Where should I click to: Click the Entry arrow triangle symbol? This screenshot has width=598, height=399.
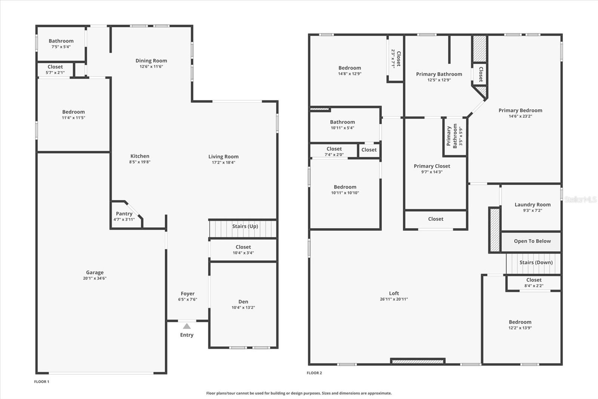187,326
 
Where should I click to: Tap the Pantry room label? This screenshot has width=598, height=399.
124,214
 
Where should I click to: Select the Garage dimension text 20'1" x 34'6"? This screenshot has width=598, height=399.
95,278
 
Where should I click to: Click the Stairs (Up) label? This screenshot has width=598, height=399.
245,226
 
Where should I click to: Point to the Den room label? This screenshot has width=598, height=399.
243,302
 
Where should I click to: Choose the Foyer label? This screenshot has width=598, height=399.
188,294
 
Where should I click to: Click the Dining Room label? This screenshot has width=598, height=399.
151,61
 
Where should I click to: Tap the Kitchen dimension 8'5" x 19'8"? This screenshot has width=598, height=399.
140,162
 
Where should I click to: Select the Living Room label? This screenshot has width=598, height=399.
224,156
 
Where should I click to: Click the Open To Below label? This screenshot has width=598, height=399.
532,241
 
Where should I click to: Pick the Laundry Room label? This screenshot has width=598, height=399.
533,205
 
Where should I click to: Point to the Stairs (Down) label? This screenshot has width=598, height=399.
536,262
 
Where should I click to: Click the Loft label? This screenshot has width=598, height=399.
394,293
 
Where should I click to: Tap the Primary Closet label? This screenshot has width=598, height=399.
432,166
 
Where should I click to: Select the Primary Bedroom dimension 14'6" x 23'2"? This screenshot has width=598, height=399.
520,116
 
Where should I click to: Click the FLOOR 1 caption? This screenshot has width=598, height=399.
41,382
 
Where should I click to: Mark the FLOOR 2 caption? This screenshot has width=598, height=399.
314,373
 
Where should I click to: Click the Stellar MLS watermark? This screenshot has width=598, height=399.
580,199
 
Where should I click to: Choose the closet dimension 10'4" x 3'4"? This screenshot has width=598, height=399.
243,253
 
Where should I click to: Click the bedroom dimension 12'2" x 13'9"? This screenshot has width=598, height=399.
520,328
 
